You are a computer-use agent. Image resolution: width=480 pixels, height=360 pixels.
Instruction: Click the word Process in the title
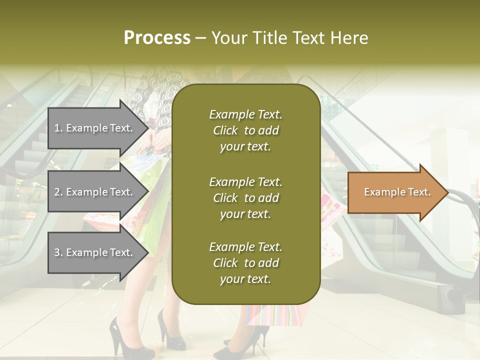pyautogui.click(x=157, y=38)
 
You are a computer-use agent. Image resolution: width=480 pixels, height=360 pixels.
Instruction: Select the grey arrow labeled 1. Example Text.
pyautogui.click(x=95, y=128)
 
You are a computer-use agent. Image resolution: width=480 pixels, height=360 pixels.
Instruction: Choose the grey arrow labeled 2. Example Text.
pyautogui.click(x=95, y=192)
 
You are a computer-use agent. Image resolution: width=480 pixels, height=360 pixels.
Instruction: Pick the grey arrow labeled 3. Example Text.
pyautogui.click(x=95, y=252)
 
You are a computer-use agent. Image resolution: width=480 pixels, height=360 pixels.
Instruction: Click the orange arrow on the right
pyautogui.click(x=395, y=192)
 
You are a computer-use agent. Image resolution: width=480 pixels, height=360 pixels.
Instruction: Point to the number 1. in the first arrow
pyautogui.click(x=58, y=128)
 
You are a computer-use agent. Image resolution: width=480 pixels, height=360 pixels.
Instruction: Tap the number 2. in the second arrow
pyautogui.click(x=58, y=192)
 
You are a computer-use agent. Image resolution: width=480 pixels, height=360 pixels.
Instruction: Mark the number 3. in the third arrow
pyautogui.click(x=58, y=252)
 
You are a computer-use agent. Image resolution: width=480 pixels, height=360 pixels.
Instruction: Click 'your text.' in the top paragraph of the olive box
pyautogui.click(x=245, y=146)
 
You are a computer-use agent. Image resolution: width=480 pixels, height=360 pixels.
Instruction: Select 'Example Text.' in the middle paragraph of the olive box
pyautogui.click(x=245, y=181)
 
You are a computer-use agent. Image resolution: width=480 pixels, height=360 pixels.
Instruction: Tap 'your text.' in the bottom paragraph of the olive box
pyautogui.click(x=245, y=279)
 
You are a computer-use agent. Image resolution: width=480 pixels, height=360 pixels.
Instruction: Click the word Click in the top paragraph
pyautogui.click(x=225, y=130)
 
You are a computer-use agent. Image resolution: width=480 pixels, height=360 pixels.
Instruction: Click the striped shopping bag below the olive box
pyautogui.click(x=275, y=315)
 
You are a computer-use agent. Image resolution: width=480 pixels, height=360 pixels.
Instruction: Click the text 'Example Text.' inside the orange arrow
pyautogui.click(x=397, y=192)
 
